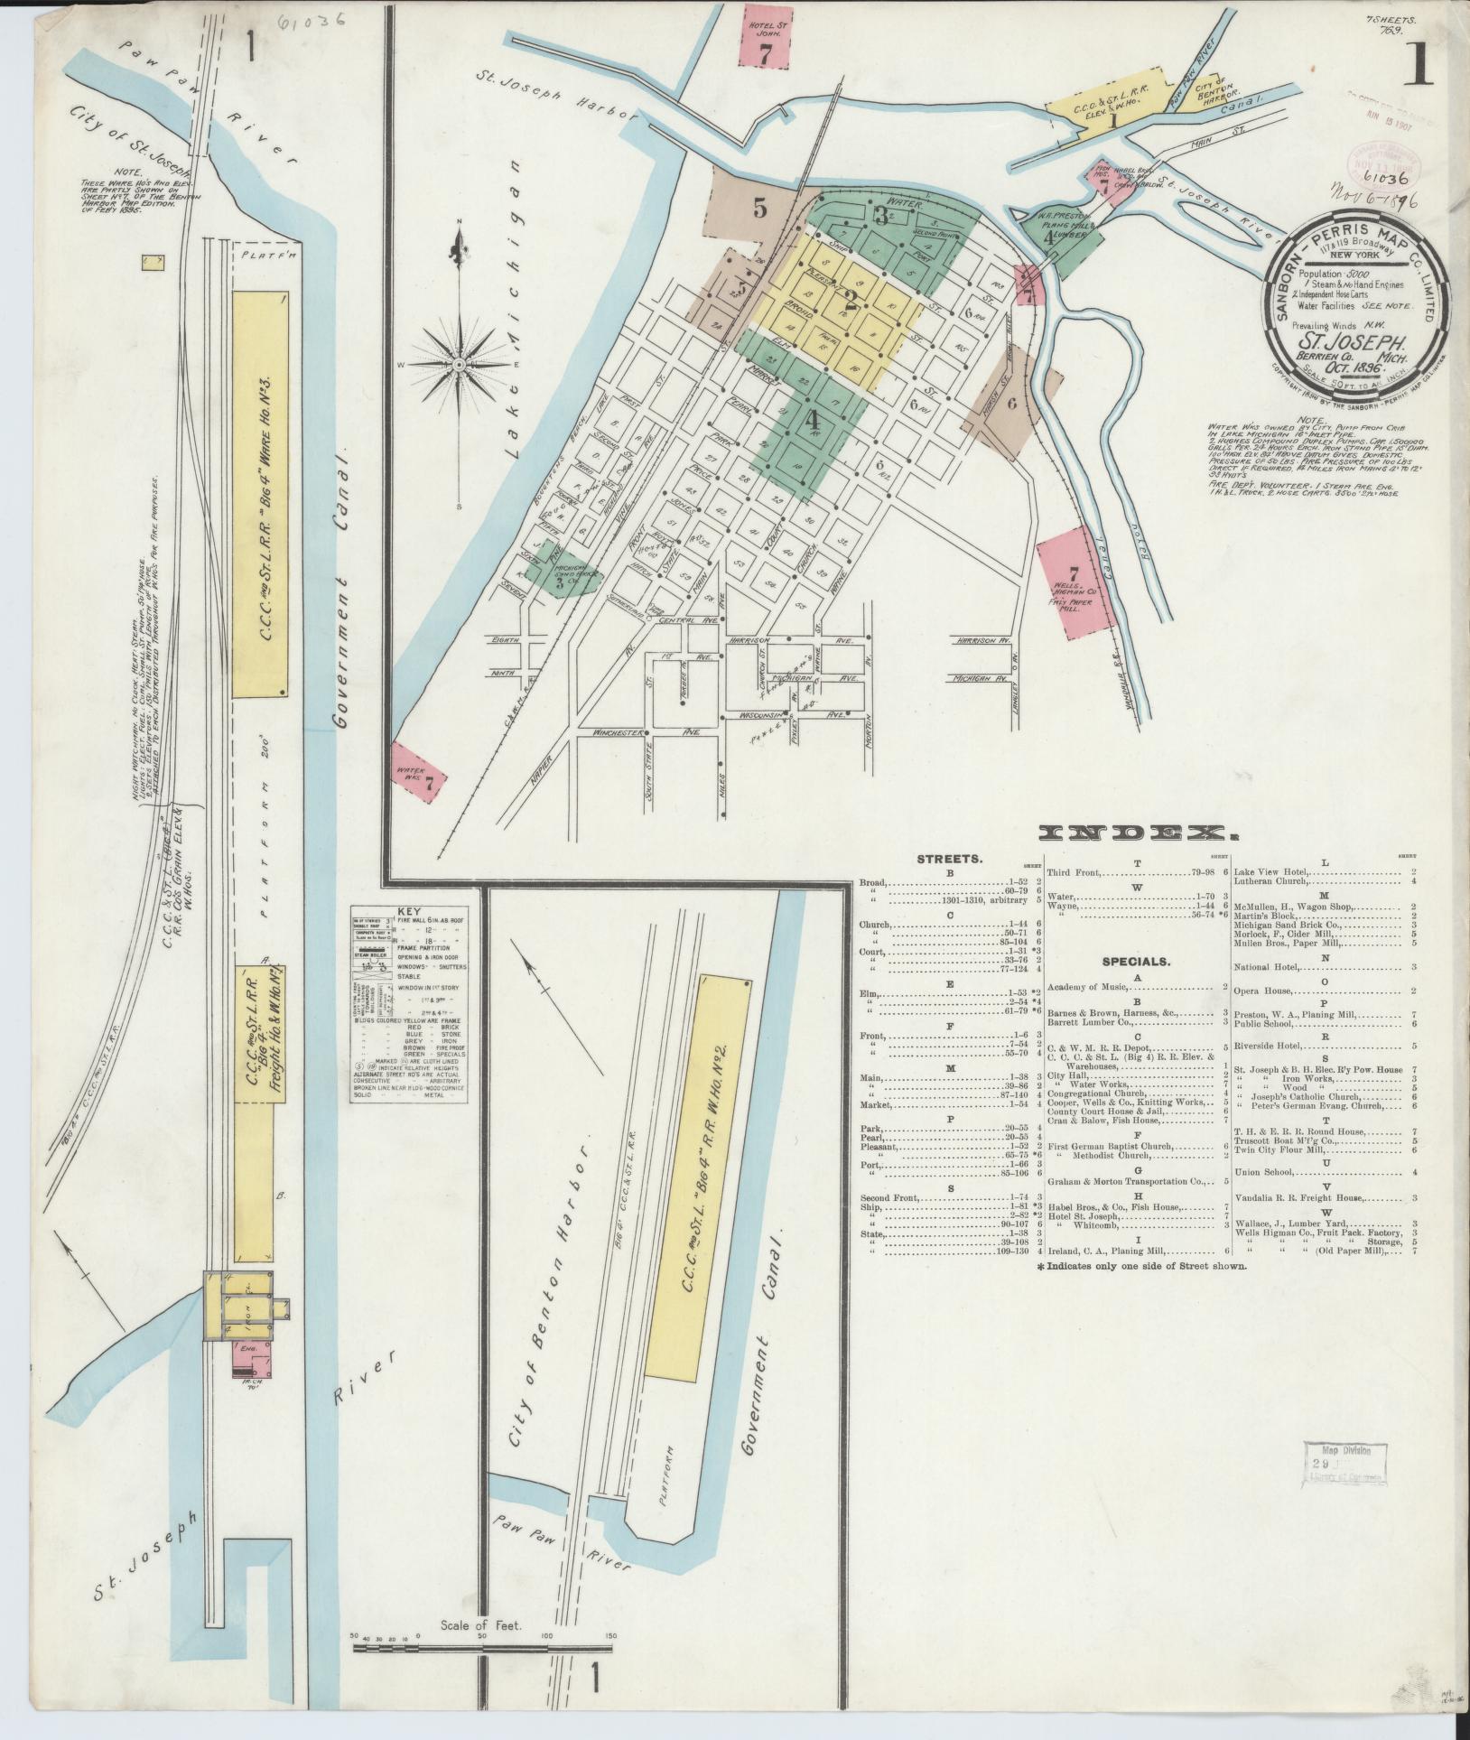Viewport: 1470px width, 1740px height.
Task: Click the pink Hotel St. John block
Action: pyautogui.click(x=765, y=36)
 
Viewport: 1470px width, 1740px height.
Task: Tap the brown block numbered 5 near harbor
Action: pyautogui.click(x=756, y=208)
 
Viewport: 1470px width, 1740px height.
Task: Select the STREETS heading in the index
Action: pyautogui.click(x=949, y=860)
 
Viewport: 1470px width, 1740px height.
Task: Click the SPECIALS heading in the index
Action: pyautogui.click(x=1134, y=962)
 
